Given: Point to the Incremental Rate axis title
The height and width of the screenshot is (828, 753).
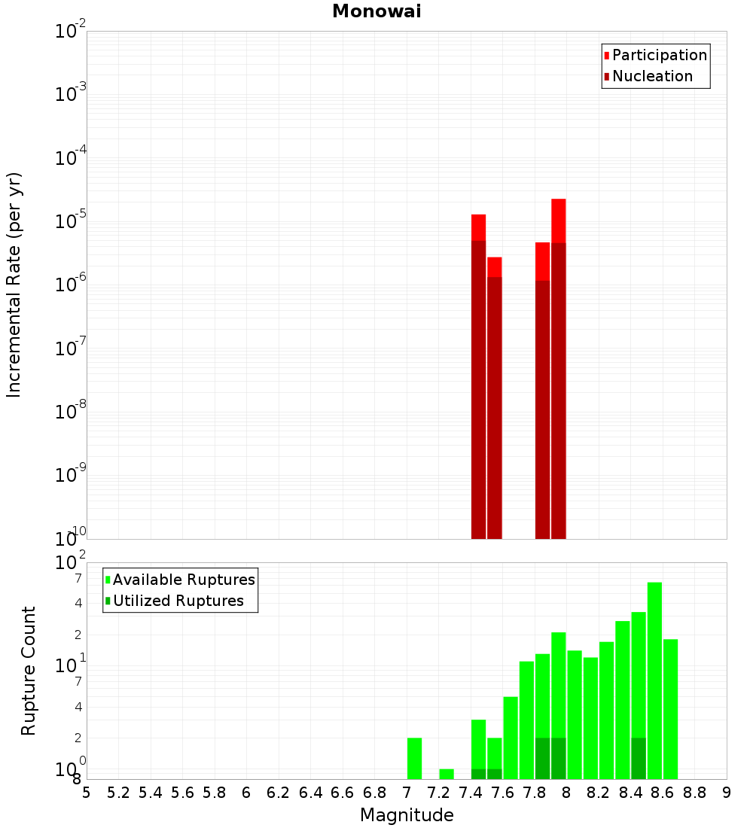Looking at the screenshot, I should tap(14, 285).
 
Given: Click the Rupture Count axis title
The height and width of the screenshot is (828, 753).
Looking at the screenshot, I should tap(29, 671).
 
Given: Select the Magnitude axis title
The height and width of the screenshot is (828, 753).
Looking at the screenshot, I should tap(407, 815).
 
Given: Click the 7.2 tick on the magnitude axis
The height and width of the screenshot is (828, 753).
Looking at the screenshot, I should tap(439, 793).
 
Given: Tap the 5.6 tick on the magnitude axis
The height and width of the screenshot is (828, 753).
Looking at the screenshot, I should tap(183, 793).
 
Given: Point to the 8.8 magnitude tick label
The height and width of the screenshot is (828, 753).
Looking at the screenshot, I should tap(695, 793).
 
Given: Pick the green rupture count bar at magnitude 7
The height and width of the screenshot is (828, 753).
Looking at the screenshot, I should tap(414, 758).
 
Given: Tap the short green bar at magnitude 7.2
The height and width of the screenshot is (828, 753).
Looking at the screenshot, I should tap(447, 774).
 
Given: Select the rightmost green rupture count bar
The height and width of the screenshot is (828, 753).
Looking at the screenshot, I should tap(670, 708).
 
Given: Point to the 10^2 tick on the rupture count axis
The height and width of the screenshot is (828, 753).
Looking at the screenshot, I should tap(71, 563).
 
